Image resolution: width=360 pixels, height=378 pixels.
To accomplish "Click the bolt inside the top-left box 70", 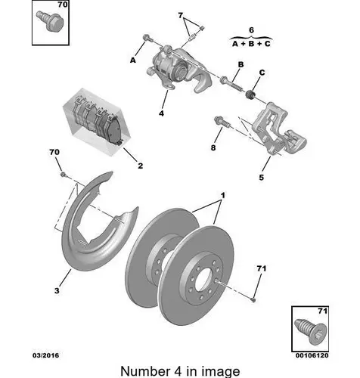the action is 51,21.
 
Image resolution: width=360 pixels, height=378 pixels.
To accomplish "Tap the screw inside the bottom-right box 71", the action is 311,332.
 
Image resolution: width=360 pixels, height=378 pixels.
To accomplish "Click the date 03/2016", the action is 45,355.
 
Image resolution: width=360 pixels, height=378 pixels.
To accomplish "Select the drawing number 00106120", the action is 312,355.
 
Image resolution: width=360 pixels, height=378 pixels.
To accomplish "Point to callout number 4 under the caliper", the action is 161,113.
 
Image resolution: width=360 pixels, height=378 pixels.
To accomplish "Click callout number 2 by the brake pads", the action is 141,166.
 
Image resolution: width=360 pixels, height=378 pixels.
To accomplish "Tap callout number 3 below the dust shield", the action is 57,290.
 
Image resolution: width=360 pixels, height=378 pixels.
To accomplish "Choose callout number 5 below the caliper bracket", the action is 262,177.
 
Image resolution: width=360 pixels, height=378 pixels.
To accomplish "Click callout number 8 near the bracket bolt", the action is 213,147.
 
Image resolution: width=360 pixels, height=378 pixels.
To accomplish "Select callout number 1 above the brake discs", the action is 223,195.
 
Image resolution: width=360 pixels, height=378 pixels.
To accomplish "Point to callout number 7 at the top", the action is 181,15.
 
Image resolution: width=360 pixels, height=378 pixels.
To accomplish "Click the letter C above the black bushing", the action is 262,73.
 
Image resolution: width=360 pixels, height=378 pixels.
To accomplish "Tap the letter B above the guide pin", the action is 241,64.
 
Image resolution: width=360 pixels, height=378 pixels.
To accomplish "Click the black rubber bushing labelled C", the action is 251,94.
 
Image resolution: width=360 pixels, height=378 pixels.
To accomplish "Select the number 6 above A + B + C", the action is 251,30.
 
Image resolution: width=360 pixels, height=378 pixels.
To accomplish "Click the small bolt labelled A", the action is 147,38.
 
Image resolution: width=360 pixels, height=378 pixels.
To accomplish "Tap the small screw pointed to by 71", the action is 253,299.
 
